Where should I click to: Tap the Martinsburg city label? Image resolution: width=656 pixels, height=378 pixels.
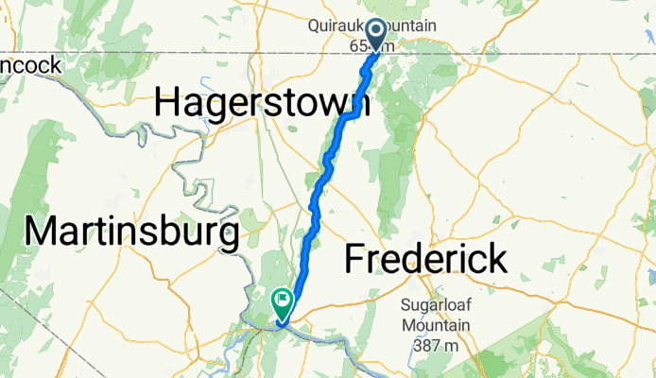pos(132,232)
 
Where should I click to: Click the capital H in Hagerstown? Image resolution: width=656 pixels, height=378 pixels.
pos(168,102)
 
